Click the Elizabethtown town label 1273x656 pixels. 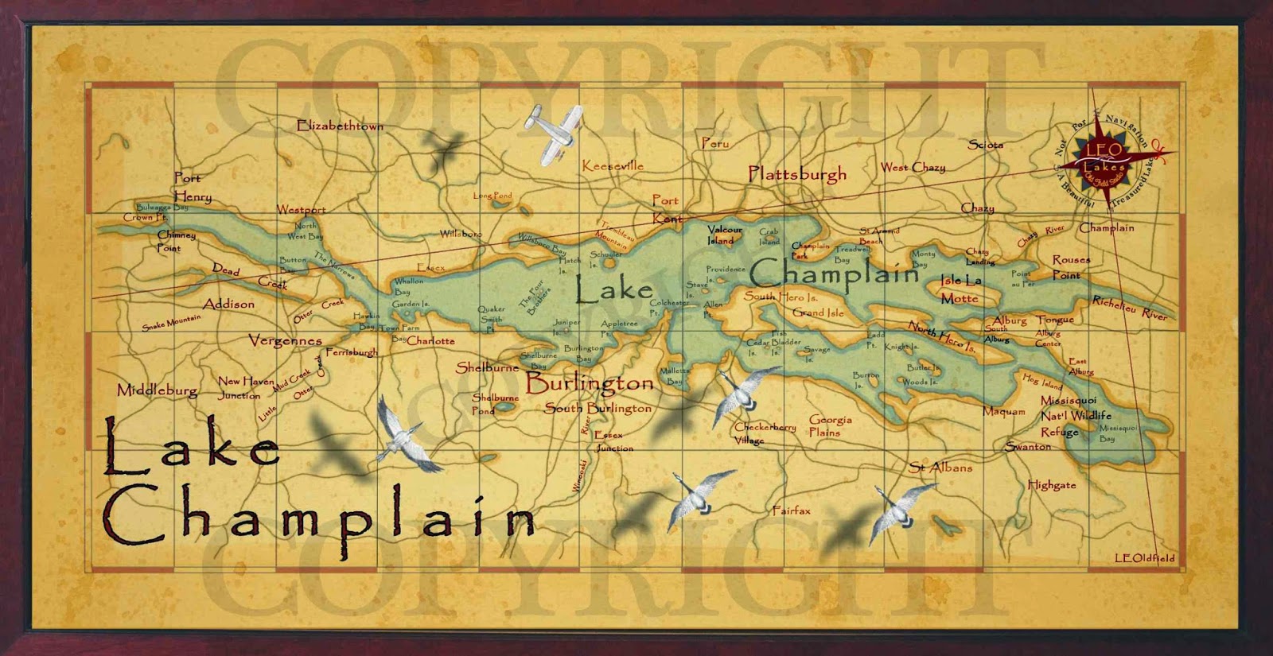[340, 126]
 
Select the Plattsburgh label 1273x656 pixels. [797, 173]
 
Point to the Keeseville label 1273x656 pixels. [613, 165]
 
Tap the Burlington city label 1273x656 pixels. [590, 383]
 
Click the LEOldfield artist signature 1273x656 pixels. [1144, 558]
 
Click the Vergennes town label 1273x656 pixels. [285, 340]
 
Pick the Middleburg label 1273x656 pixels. [157, 390]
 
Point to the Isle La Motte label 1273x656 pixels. [960, 289]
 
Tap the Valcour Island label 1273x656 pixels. [724, 235]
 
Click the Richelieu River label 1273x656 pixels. [1129, 309]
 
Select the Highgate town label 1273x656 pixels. [1051, 484]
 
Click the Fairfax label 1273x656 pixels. [791, 510]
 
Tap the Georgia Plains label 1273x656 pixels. [829, 426]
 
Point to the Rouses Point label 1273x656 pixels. [1070, 267]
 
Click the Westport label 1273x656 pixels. [301, 210]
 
